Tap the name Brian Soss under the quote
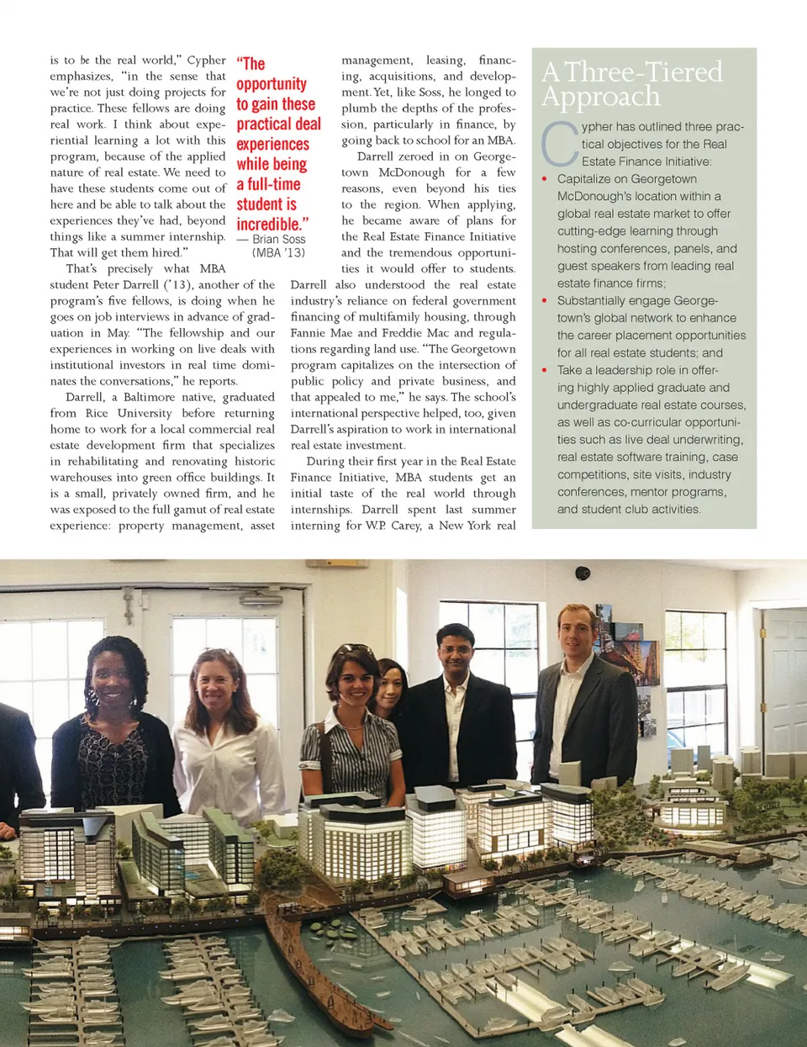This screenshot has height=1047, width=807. [278, 240]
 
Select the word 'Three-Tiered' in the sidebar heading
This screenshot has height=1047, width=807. [643, 72]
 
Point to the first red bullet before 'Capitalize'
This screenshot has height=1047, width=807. [545, 179]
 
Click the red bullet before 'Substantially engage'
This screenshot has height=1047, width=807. [545, 301]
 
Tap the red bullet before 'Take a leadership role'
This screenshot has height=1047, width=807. [545, 370]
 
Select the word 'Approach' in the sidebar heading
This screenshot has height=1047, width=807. [601, 97]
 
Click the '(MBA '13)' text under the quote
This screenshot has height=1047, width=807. [278, 252]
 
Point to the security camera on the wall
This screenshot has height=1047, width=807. [583, 574]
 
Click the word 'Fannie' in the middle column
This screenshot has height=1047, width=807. [309, 333]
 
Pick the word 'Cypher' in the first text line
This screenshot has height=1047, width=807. [206, 61]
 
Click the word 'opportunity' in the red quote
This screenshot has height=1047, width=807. [271, 84]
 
